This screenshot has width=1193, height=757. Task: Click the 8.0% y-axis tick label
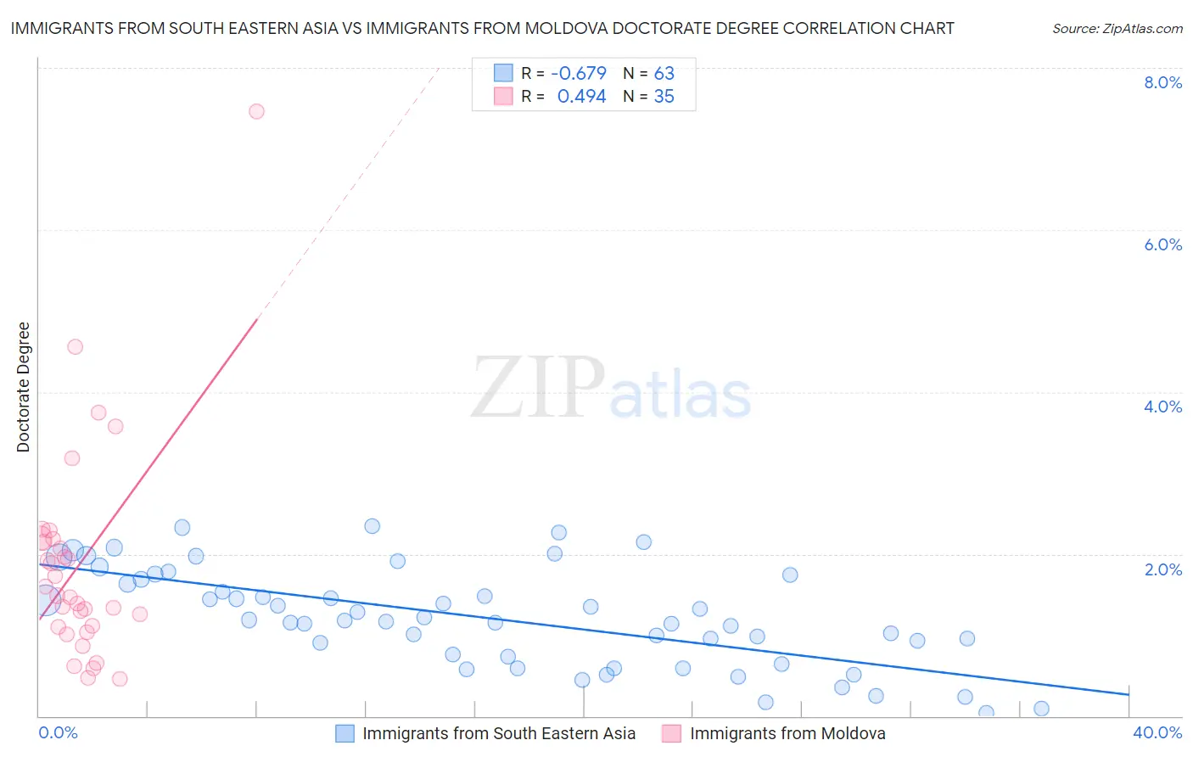click(1162, 82)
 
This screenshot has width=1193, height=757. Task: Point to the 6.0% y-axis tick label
click(1162, 244)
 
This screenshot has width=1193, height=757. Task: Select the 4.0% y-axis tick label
click(1162, 407)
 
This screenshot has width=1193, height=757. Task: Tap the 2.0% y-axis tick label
click(1162, 569)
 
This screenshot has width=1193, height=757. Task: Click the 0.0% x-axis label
click(58, 732)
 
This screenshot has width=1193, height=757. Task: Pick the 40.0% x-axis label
click(1157, 732)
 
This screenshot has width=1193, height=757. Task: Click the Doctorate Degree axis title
click(23, 387)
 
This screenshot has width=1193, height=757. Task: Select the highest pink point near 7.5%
click(256, 111)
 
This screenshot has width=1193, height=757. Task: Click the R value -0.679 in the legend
click(579, 73)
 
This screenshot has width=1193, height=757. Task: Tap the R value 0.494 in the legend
click(581, 97)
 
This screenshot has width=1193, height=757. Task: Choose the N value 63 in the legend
click(664, 73)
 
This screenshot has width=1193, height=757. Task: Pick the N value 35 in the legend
click(664, 97)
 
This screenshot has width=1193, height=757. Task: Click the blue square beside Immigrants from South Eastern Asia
click(344, 733)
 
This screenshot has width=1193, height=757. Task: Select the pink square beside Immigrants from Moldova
click(671, 733)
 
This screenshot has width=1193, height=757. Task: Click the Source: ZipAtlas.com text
click(1117, 29)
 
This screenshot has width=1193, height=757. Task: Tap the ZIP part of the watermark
click(537, 388)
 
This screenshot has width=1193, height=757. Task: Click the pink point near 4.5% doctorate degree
click(75, 346)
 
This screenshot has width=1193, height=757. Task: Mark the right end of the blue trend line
click(1129, 694)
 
